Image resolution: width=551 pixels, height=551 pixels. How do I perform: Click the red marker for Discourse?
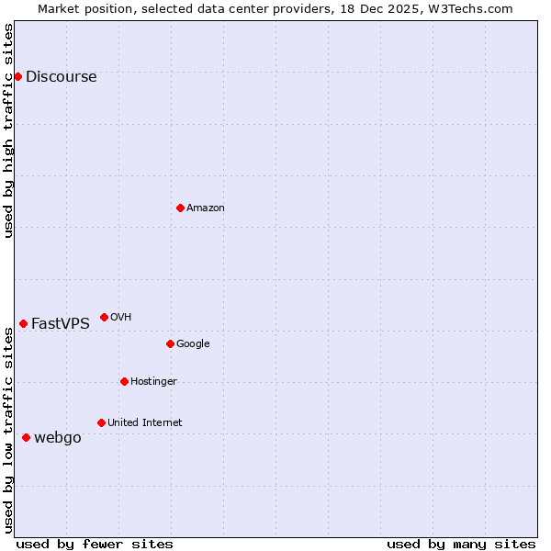point(17,76)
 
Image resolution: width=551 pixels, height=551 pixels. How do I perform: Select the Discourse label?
point(61,77)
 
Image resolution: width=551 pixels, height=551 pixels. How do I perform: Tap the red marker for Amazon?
point(180,208)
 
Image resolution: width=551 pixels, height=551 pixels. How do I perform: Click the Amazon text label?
point(206,208)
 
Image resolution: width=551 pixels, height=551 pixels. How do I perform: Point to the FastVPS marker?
point(23,323)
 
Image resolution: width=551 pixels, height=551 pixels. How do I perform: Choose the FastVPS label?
point(61,323)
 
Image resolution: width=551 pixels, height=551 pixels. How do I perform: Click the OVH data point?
point(104,317)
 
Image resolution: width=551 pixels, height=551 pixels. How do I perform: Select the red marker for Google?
point(170,343)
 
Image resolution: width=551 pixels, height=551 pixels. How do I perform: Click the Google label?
point(193,344)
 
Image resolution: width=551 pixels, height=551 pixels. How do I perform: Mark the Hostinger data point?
point(124,381)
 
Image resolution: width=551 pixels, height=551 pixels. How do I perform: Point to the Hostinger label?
point(153,382)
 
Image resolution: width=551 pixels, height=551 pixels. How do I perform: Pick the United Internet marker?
point(101,422)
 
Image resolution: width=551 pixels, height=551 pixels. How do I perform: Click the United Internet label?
point(144,423)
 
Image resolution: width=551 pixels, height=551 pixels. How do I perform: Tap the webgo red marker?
point(26,437)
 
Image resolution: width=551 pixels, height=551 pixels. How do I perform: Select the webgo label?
point(58,438)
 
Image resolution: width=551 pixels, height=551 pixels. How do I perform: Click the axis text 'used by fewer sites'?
point(95,544)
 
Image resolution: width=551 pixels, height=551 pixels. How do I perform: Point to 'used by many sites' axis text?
point(461,544)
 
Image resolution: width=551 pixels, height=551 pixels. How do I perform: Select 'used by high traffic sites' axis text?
point(8,130)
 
